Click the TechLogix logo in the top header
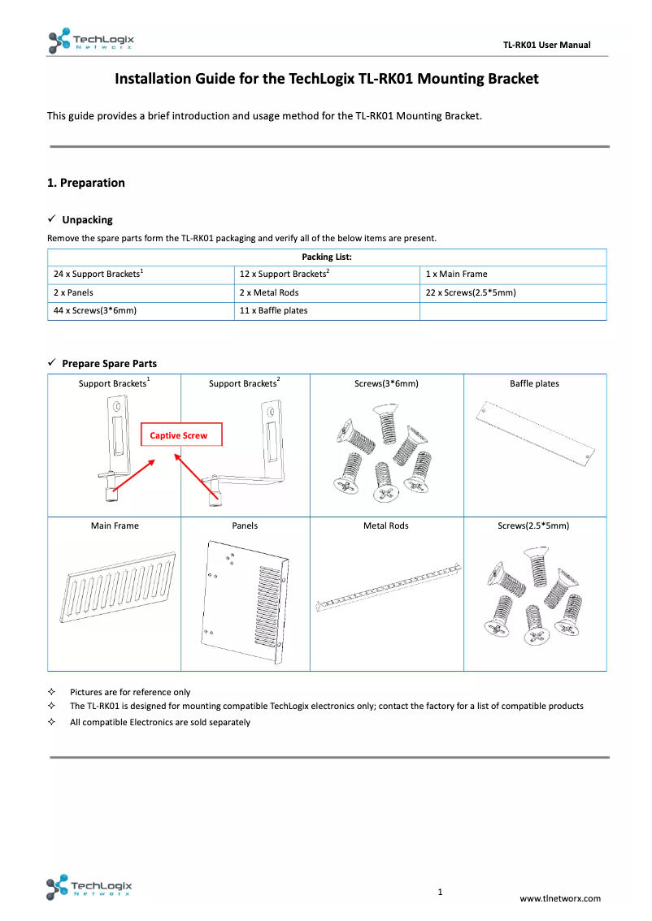90,41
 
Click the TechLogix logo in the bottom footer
89,888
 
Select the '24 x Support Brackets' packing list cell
98,275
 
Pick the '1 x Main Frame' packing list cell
456,275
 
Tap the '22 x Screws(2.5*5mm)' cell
471,292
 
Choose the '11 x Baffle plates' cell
273,311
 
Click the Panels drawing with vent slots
245,602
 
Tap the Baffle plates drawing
534,435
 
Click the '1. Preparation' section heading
86,183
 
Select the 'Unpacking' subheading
87,220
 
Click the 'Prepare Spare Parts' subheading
109,363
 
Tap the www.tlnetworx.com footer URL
560,898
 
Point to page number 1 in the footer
440,893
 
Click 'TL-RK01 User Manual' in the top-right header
546,45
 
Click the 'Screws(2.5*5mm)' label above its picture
533,526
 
